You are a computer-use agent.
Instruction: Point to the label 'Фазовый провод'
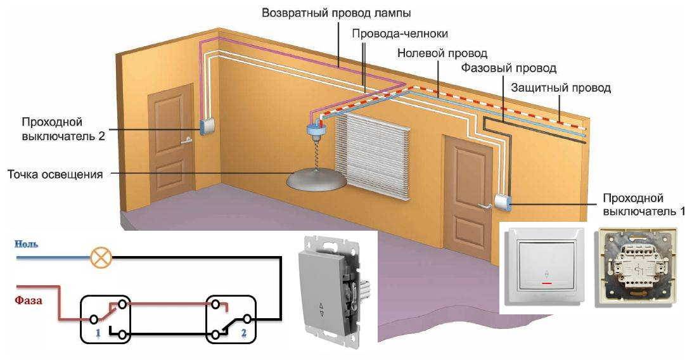tap(508, 68)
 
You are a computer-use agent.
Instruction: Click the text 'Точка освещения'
tap(54, 173)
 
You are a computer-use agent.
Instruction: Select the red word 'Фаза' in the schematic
tap(29, 300)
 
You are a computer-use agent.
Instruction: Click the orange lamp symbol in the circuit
tap(101, 258)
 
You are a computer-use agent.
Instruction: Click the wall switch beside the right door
tap(504, 202)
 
